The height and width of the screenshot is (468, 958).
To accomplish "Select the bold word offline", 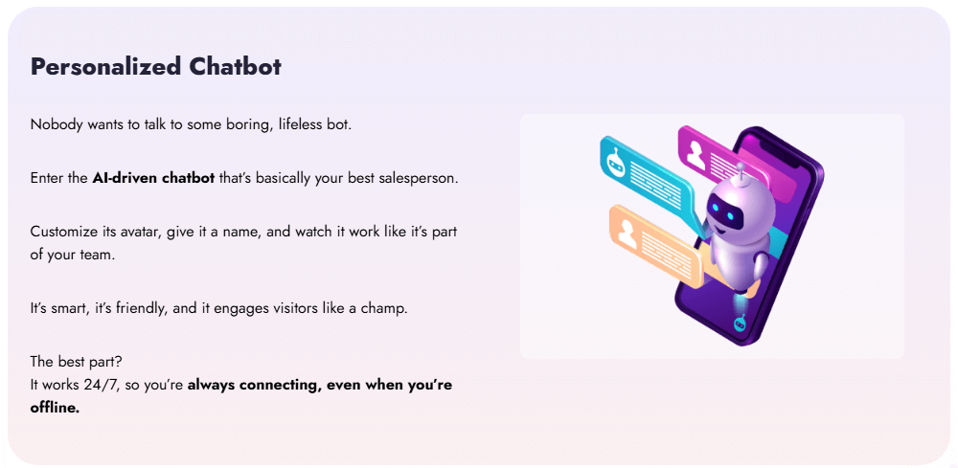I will tap(55, 408).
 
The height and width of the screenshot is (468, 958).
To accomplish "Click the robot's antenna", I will tap(739, 168).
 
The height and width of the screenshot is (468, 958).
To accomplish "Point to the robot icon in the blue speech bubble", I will tap(617, 162).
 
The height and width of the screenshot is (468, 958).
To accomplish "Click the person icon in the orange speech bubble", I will tap(627, 231).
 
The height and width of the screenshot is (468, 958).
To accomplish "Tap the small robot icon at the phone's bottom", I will tap(740, 325).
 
